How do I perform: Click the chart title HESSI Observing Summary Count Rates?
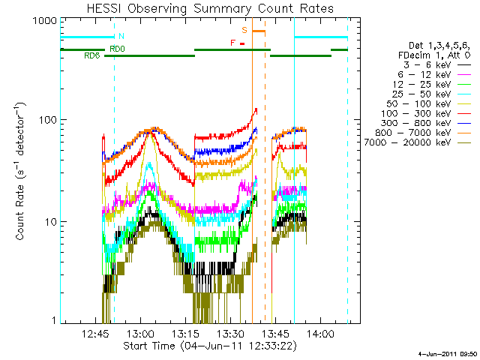[x=211, y=8]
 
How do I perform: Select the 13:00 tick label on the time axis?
[x=143, y=334]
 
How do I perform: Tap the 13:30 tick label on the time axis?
[x=232, y=334]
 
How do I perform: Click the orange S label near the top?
[x=244, y=30]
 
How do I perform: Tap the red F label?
[x=233, y=43]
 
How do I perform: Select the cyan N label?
[x=121, y=35]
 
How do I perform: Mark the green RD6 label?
[x=92, y=55]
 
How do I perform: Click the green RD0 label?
[x=117, y=49]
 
